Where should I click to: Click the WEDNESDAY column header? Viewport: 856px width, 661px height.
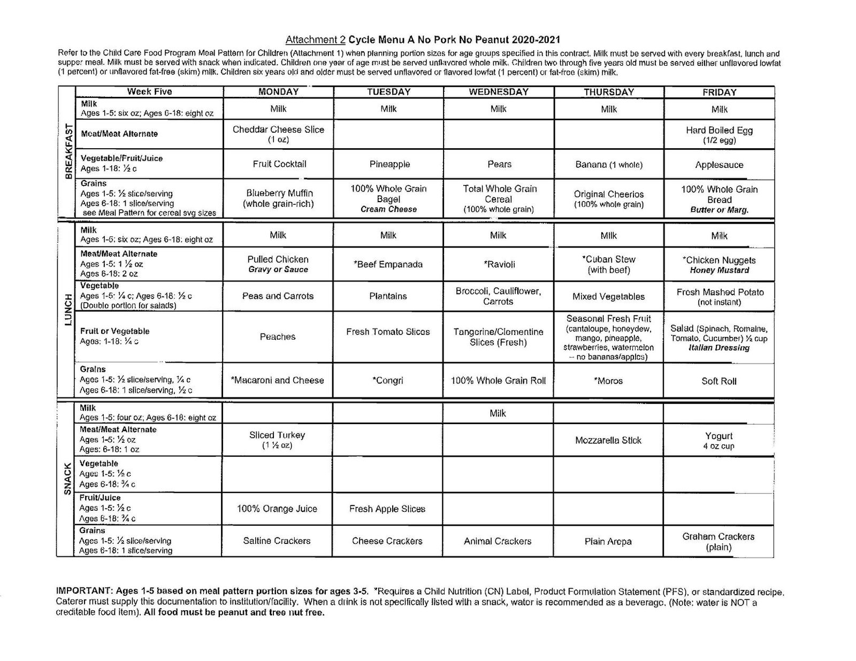498,92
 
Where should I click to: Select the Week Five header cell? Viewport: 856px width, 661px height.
149,91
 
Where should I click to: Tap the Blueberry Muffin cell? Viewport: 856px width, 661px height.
279,198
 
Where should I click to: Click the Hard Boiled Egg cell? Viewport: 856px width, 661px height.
719,135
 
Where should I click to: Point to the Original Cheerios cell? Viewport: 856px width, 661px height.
609,199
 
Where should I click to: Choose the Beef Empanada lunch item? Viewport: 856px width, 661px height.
388,264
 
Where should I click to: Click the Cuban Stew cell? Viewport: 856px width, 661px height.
609,264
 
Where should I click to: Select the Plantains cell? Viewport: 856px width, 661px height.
388,296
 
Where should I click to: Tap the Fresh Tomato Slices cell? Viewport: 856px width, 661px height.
388,332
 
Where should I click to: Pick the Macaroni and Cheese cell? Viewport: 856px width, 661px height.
277,380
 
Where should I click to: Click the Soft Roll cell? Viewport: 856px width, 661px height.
719,381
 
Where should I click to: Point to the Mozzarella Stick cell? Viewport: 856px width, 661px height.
608,441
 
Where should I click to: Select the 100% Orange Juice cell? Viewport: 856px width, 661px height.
277,509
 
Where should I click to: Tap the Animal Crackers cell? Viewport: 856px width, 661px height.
498,541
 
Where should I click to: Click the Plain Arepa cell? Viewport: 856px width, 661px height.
608,542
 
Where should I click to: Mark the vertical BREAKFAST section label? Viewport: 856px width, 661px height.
68,152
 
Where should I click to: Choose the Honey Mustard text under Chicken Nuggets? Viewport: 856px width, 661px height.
719,271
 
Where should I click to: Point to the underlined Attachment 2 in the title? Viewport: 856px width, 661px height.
316,40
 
